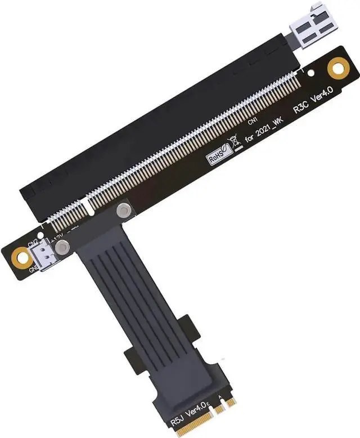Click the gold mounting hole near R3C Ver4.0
click(x=338, y=68)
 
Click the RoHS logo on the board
click(x=217, y=155)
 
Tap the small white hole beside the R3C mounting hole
click(x=312, y=73)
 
